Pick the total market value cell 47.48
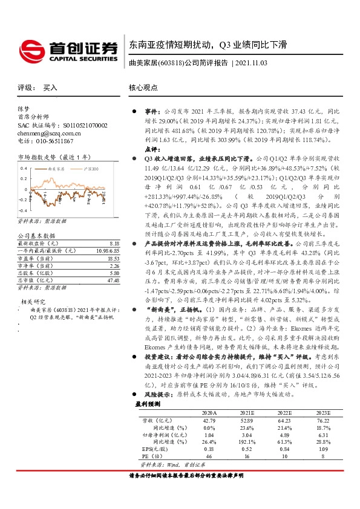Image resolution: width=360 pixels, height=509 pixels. (x=113, y=263)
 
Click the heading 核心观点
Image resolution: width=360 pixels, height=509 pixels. (x=144, y=88)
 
